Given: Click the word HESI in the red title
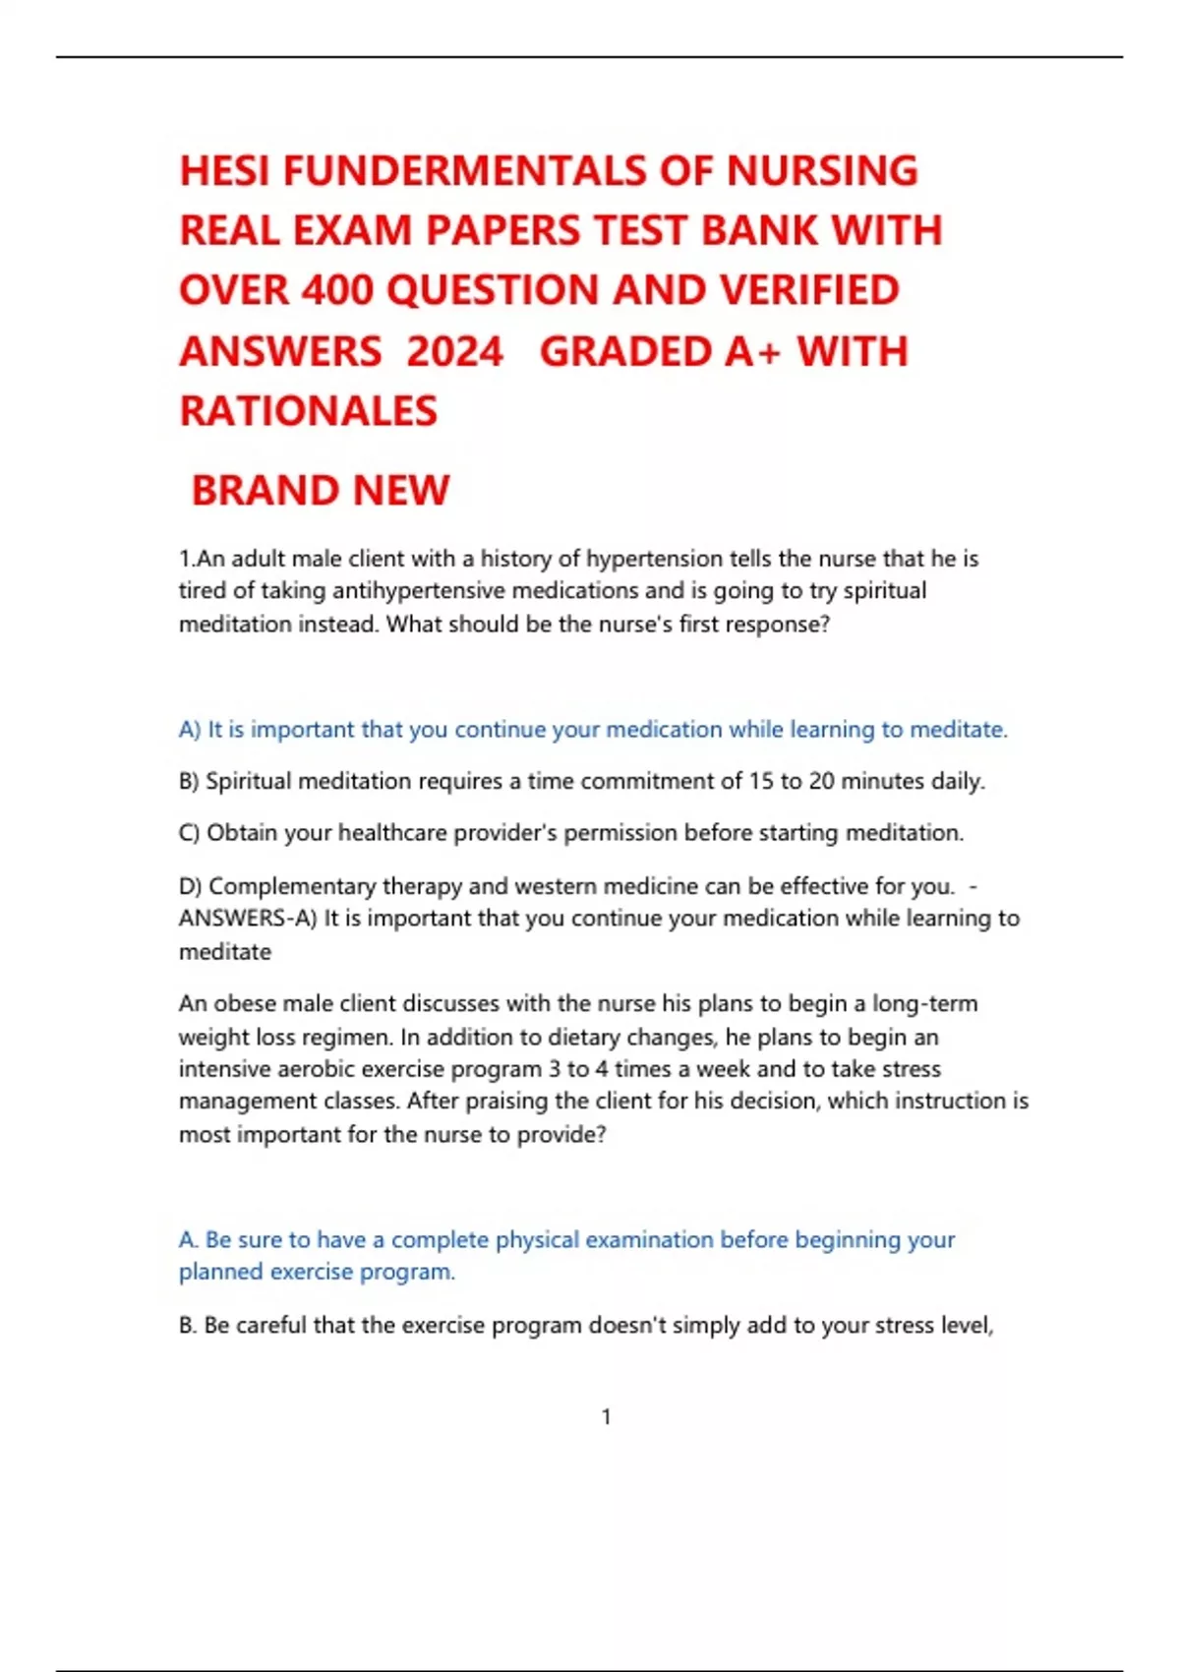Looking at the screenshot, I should pos(224,171).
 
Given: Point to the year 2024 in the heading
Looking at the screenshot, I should pos(454,352).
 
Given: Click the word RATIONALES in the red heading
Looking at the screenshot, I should pos(308,411).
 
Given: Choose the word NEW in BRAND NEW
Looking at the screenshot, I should pos(401,491).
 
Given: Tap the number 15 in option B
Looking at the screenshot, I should pos(761,781).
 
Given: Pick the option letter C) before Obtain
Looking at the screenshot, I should pos(190,833).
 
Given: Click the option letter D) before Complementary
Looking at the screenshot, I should pos(191,886).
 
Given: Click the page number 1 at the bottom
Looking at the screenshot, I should pos(606,1416).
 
